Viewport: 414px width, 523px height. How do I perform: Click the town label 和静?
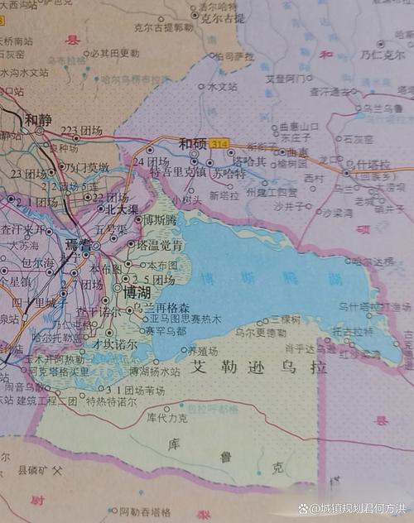pyautogui.click(x=38, y=119)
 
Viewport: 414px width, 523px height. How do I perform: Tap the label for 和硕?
pyautogui.click(x=194, y=142)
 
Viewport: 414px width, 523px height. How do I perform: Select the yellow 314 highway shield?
pyautogui.click(x=219, y=143)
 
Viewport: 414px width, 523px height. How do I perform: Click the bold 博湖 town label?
pyautogui.click(x=137, y=293)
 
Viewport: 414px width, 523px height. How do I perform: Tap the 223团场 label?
pyautogui.click(x=82, y=131)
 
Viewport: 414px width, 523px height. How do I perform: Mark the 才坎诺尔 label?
pyautogui.click(x=115, y=343)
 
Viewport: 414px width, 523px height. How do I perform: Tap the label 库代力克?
pyautogui.click(x=167, y=418)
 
